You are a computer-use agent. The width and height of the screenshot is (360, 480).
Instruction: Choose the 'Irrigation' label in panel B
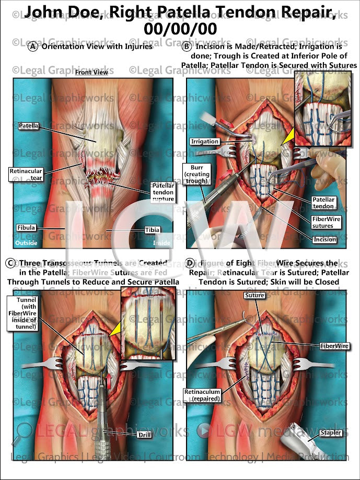[x=205, y=142]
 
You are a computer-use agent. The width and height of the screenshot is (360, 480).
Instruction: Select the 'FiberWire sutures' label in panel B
[x=326, y=223]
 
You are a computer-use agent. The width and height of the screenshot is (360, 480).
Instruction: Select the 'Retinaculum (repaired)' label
[x=203, y=395]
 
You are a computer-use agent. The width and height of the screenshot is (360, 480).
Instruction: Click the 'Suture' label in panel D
[x=254, y=296]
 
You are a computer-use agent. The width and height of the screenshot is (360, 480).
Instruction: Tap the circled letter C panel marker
[x=9, y=263]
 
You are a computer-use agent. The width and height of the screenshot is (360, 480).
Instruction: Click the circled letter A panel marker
[x=33, y=46]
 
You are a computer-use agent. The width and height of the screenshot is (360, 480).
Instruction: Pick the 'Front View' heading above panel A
[x=91, y=73]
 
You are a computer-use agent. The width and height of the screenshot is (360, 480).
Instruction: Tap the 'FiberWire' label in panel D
[x=335, y=346]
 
